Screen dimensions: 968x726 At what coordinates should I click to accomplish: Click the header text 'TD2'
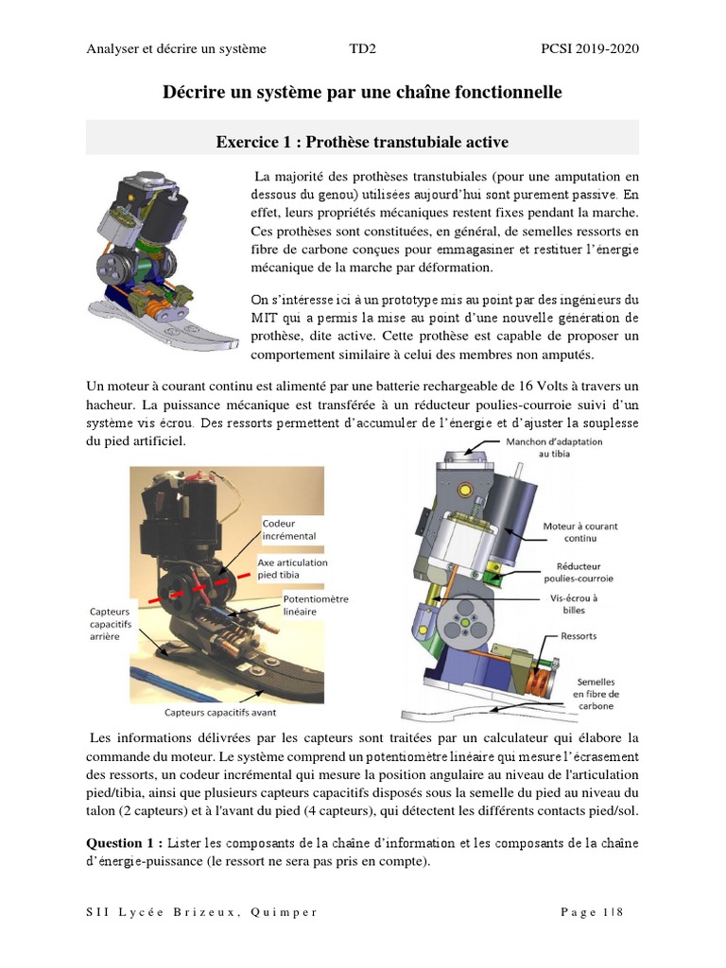pyautogui.click(x=362, y=48)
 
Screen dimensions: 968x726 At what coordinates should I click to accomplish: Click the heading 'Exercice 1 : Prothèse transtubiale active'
pyautogui.click(x=362, y=142)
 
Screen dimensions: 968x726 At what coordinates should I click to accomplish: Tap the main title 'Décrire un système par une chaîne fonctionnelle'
pyautogui.click(x=362, y=93)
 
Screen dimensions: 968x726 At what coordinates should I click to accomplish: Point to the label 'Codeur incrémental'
pyautogui.click(x=288, y=529)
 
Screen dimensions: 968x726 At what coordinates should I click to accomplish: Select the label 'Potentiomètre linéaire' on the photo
pyautogui.click(x=316, y=605)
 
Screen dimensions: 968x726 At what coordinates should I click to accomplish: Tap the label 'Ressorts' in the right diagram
pyautogui.click(x=579, y=636)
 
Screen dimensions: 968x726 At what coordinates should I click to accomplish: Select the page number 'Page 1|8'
pyautogui.click(x=592, y=912)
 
